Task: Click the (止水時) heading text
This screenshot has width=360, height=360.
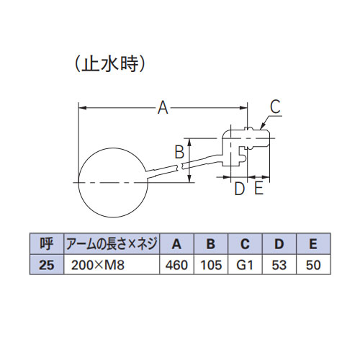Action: pyautogui.click(x=110, y=64)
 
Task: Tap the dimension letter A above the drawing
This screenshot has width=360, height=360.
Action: pyautogui.click(x=163, y=108)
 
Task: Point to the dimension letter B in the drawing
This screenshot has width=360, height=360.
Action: pyautogui.click(x=179, y=152)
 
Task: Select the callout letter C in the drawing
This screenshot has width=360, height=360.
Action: pyautogui.click(x=275, y=107)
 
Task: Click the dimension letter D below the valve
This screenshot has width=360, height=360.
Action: pyautogui.click(x=240, y=189)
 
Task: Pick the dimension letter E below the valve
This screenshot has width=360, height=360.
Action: pyautogui.click(x=258, y=188)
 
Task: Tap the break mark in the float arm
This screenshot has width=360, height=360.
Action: pyautogui.click(x=180, y=166)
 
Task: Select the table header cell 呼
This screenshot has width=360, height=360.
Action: pyautogui.click(x=47, y=244)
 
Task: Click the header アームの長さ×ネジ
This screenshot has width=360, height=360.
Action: pyautogui.click(x=112, y=244)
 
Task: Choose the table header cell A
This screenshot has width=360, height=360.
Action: pyautogui.click(x=176, y=244)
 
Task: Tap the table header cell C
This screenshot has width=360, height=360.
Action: pyautogui.click(x=245, y=244)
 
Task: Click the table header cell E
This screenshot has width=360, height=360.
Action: pyautogui.click(x=313, y=244)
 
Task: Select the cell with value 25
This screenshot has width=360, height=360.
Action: pyautogui.click(x=47, y=264)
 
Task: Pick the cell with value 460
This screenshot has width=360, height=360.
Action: pyautogui.click(x=176, y=264)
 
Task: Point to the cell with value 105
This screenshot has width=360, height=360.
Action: pyautogui.click(x=211, y=264)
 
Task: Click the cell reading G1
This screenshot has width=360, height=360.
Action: pyautogui.click(x=245, y=264)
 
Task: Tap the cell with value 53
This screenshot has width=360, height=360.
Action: pyautogui.click(x=279, y=264)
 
